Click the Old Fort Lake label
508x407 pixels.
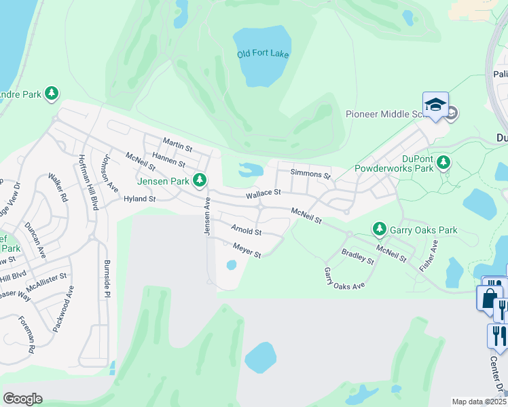click(263, 54)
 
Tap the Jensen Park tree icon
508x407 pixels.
click(199, 180)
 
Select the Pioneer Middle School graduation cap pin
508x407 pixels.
click(435, 105)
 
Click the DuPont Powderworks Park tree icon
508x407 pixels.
click(443, 162)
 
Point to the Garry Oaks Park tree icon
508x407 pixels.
click(379, 229)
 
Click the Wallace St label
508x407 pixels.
click(264, 193)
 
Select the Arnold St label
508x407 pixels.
click(247, 231)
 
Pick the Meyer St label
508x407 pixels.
click(247, 250)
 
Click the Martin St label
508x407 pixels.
click(177, 144)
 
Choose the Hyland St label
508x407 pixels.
click(140, 199)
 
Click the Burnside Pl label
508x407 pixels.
click(107, 278)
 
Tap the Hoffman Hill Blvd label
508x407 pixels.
click(84, 174)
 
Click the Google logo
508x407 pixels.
click(22, 398)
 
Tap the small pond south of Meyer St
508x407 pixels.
click(231, 265)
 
